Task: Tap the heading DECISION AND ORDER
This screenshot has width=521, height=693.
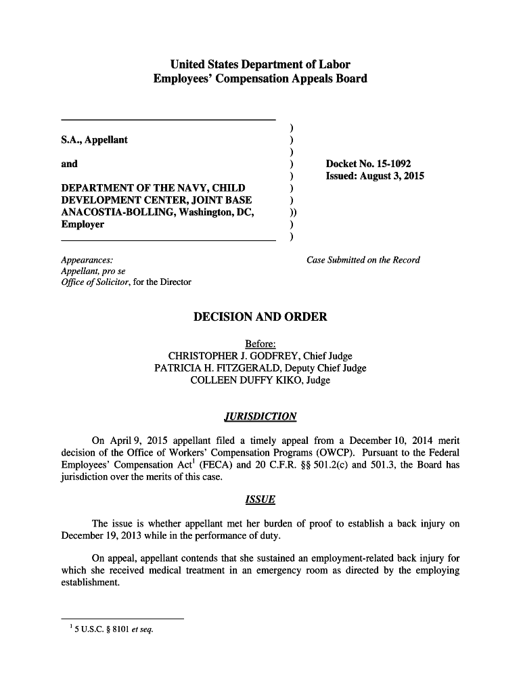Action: pyautogui.click(x=260, y=317)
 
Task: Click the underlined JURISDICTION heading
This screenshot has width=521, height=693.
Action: pyautogui.click(x=260, y=416)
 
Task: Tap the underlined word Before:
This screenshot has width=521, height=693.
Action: pyautogui.click(x=260, y=344)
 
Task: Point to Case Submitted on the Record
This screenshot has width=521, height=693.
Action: pyautogui.click(x=363, y=260)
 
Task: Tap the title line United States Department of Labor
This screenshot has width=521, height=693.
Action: pyautogui.click(x=260, y=65)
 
